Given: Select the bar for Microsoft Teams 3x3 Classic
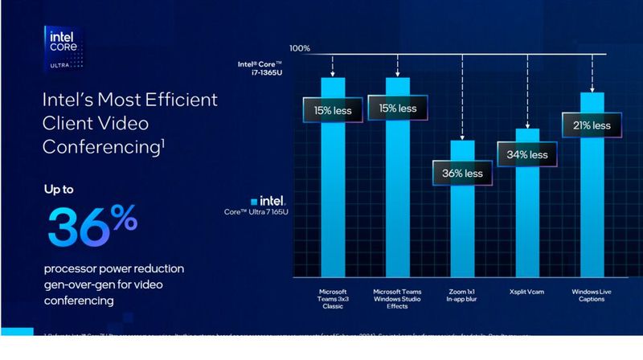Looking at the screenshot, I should point(333,201).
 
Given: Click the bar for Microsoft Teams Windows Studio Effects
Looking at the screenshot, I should point(397,201).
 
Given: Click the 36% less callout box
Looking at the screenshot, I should point(462,173).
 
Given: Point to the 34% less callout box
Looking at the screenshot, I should point(526,154).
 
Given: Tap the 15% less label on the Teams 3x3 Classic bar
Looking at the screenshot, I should point(332,108).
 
